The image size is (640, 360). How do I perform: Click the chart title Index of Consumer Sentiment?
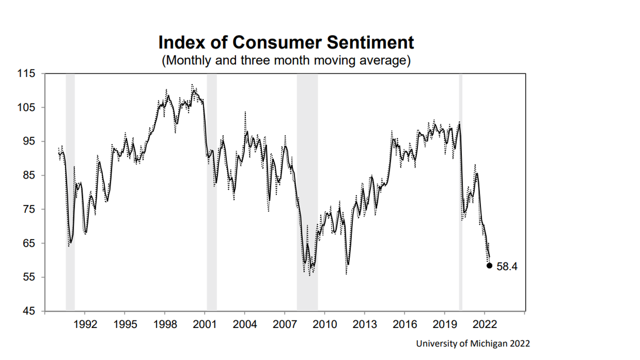pyautogui.click(x=286, y=43)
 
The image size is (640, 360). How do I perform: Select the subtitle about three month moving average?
pyautogui.click(x=286, y=60)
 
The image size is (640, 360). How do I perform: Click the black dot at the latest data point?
pyautogui.click(x=489, y=266)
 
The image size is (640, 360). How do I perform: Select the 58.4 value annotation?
pyautogui.click(x=507, y=267)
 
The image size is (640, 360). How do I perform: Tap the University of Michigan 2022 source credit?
pyautogui.click(x=473, y=344)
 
